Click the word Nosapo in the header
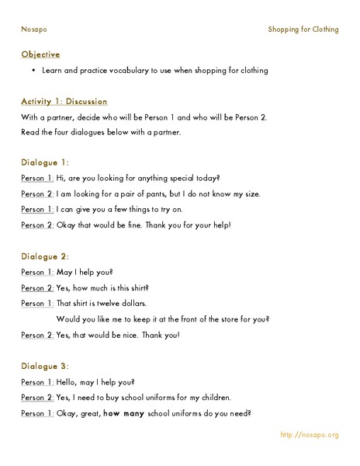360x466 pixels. tap(33, 30)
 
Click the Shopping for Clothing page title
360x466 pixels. tap(303, 30)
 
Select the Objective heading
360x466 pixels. tap(40, 54)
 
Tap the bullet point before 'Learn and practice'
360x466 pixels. tap(35, 71)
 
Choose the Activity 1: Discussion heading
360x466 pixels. tap(64, 102)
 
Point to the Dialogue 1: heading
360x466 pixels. tap(46, 162)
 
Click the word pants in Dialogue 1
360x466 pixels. tap(161, 193)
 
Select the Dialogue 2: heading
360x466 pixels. tap(46, 256)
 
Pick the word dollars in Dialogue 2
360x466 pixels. tap(132, 303)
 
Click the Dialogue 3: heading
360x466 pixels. tap(46, 366)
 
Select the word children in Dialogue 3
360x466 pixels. tap(213, 397)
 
